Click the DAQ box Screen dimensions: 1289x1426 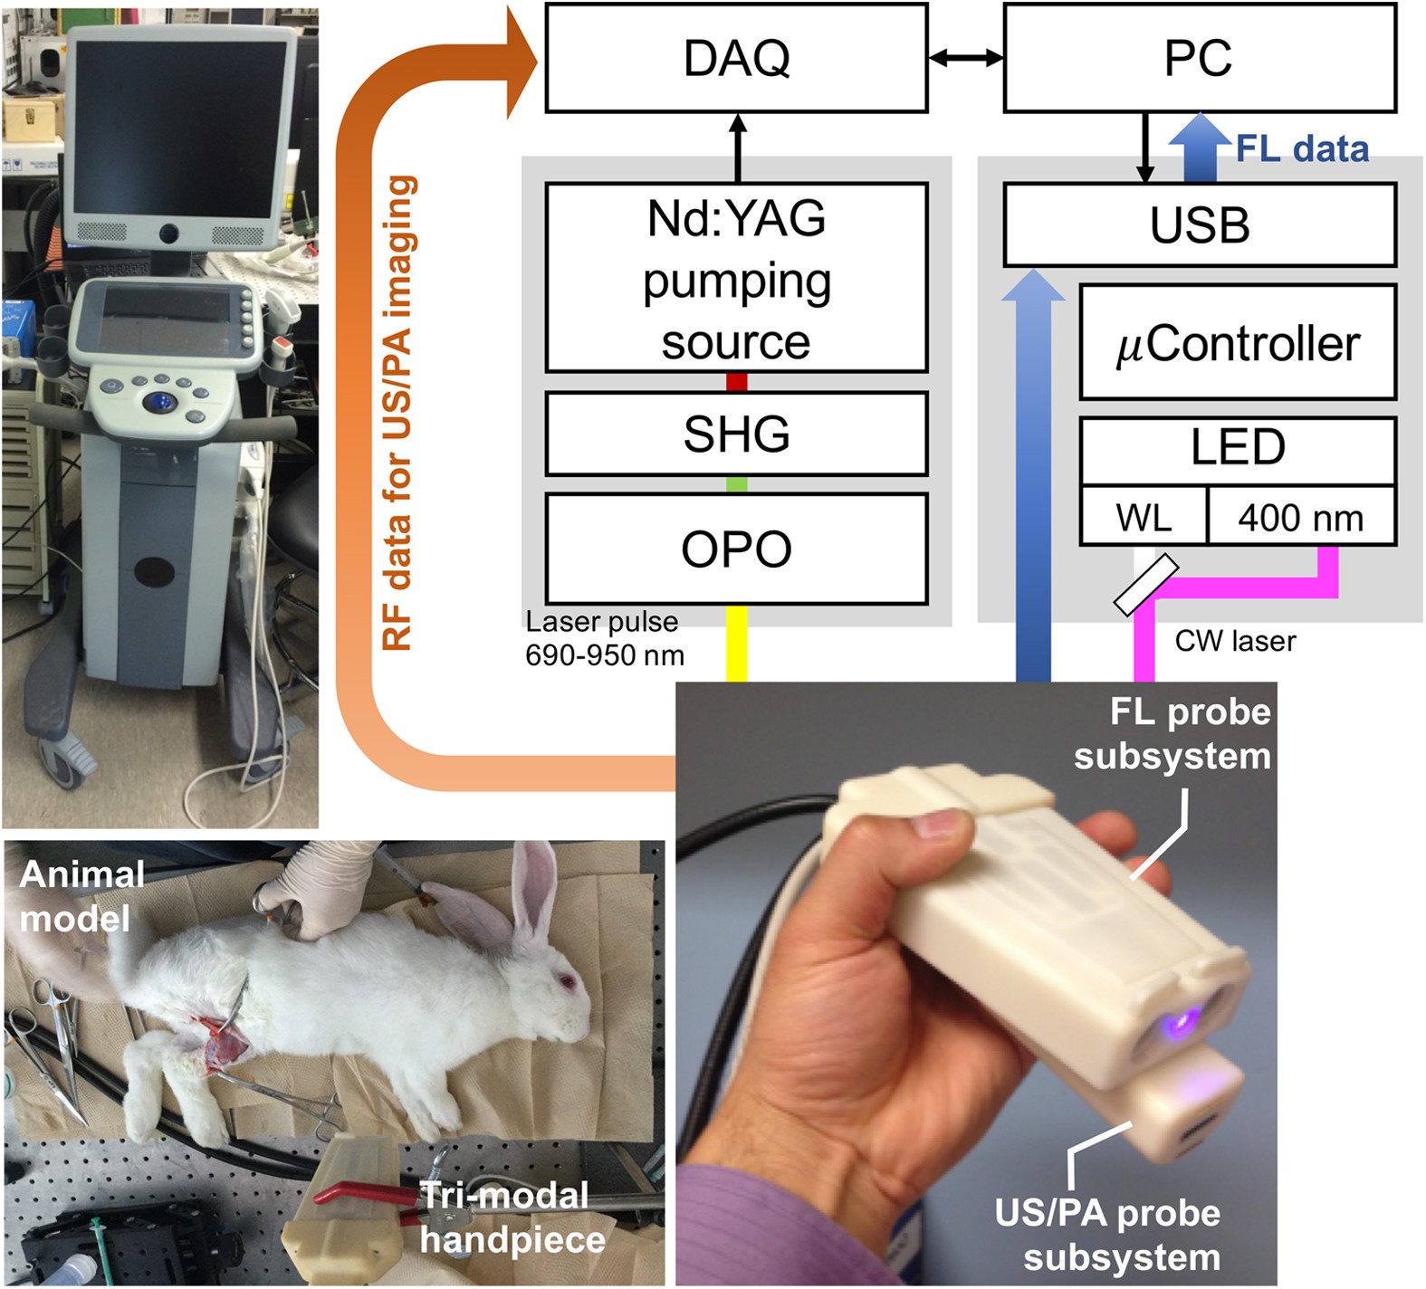click(736, 59)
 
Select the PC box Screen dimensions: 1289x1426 click(1199, 59)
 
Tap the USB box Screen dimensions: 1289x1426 click(1199, 225)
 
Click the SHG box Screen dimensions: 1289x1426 click(736, 434)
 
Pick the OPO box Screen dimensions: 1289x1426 click(736, 549)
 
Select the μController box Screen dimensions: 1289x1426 click(1238, 343)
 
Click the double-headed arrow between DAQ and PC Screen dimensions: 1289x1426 click(965, 59)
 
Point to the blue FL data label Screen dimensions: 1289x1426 click(1302, 149)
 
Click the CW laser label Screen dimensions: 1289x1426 click(1235, 642)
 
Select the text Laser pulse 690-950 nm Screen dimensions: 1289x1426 click(604, 638)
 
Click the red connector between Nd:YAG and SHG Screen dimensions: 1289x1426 click(736, 382)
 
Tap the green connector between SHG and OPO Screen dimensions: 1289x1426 click(736, 484)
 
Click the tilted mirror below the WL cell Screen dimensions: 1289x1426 click(1145, 585)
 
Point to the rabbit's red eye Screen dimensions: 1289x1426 click(568, 981)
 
